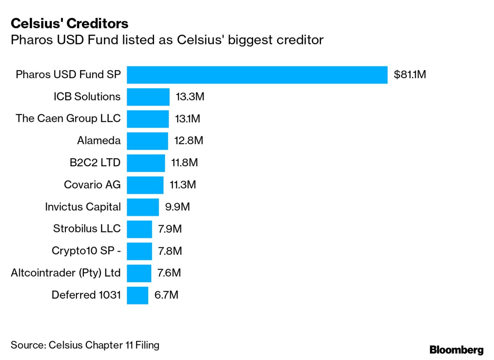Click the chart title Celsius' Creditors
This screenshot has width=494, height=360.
point(69,23)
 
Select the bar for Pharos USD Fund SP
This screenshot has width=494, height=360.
point(257,75)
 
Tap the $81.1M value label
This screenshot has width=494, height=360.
point(410,74)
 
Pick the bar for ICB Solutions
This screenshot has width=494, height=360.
point(148,97)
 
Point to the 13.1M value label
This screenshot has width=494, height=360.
point(187,119)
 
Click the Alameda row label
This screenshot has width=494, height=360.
point(99,141)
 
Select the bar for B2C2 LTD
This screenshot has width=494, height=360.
point(146,163)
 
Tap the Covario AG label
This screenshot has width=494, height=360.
point(92,185)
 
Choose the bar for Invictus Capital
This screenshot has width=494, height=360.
point(142,207)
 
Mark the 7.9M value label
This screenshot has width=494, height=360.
point(170,229)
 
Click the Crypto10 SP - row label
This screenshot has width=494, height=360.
point(86,251)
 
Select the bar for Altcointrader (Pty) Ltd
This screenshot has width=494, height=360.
point(139,273)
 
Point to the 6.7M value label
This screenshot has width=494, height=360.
point(166,295)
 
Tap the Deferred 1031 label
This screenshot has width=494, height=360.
point(86,295)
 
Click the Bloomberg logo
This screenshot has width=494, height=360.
point(456,350)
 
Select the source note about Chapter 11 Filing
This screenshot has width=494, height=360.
point(85,345)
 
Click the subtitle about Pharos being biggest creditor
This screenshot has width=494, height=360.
point(167,40)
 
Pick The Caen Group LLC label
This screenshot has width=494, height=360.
point(68,118)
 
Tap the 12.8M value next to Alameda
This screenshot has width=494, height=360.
point(188,141)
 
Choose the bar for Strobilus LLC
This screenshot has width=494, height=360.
point(139,229)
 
